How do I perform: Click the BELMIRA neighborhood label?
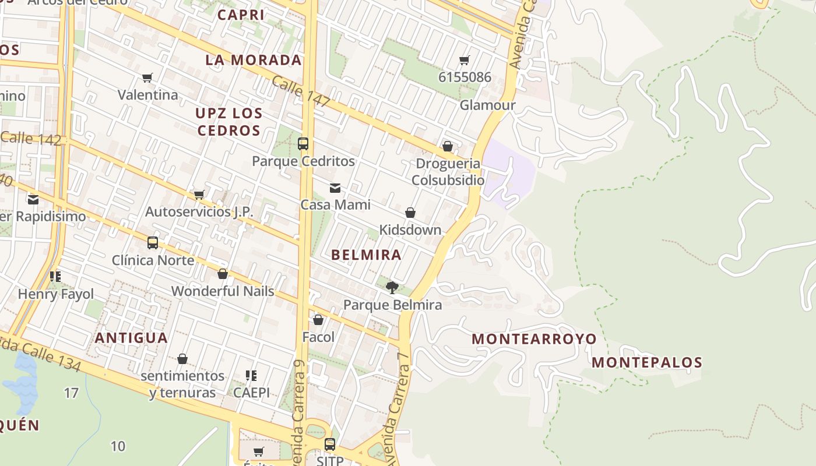(366, 255)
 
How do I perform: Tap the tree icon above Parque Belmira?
(392, 287)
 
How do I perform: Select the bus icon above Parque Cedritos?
(303, 143)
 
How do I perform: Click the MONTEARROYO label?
(534, 338)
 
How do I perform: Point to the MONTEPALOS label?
(647, 362)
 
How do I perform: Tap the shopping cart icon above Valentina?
(147, 77)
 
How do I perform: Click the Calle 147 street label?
(301, 92)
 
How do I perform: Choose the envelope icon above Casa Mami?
(335, 188)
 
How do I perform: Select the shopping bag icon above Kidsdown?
(410, 213)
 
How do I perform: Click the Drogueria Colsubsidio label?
(448, 172)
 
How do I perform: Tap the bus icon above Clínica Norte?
(153, 243)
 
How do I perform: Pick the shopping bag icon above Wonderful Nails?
(223, 273)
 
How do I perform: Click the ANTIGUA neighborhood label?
(131, 338)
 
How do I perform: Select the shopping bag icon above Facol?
(318, 320)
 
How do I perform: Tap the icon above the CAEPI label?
(251, 376)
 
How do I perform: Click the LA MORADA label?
(254, 60)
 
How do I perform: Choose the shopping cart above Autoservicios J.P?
(199, 195)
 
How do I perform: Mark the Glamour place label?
(487, 105)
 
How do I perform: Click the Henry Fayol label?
(56, 294)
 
